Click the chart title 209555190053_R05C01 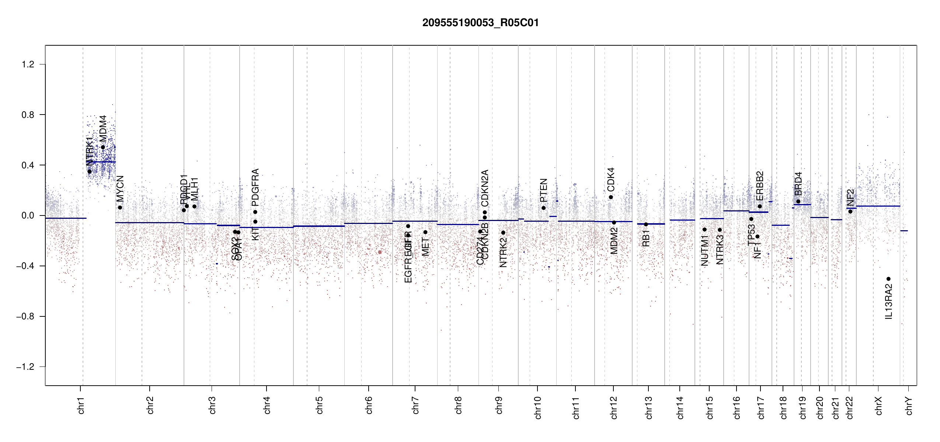click(480, 23)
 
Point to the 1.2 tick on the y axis click(28, 64)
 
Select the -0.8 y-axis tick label click(25, 316)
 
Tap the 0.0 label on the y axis click(28, 215)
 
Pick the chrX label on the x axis click(879, 406)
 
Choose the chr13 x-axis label click(649, 407)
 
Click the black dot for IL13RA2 click(888, 279)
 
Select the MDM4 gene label click(103, 129)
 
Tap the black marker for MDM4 click(103, 147)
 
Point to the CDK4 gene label click(611, 179)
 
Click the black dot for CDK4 click(611, 197)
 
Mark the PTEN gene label click(543, 190)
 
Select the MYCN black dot click(120, 208)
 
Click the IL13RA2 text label click(889, 302)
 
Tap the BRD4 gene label click(798, 184)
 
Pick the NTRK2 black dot click(503, 233)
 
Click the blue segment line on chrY click(904, 231)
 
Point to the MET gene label click(425, 247)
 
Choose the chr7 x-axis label click(415, 405)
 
